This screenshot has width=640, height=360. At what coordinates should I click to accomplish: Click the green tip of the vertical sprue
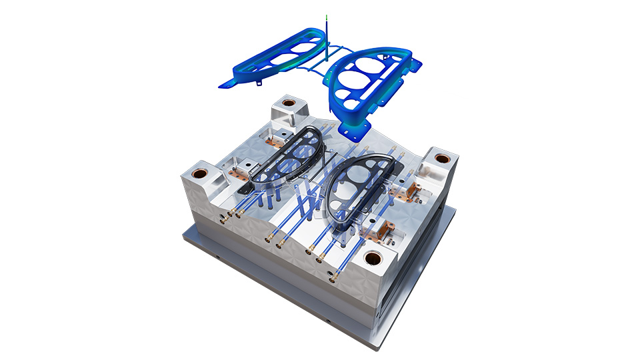pyautogui.click(x=326, y=17)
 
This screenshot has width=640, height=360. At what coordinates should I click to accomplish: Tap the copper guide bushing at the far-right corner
pyautogui.click(x=441, y=159)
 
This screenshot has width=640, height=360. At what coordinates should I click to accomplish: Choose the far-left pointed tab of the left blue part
pyautogui.click(x=221, y=85)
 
